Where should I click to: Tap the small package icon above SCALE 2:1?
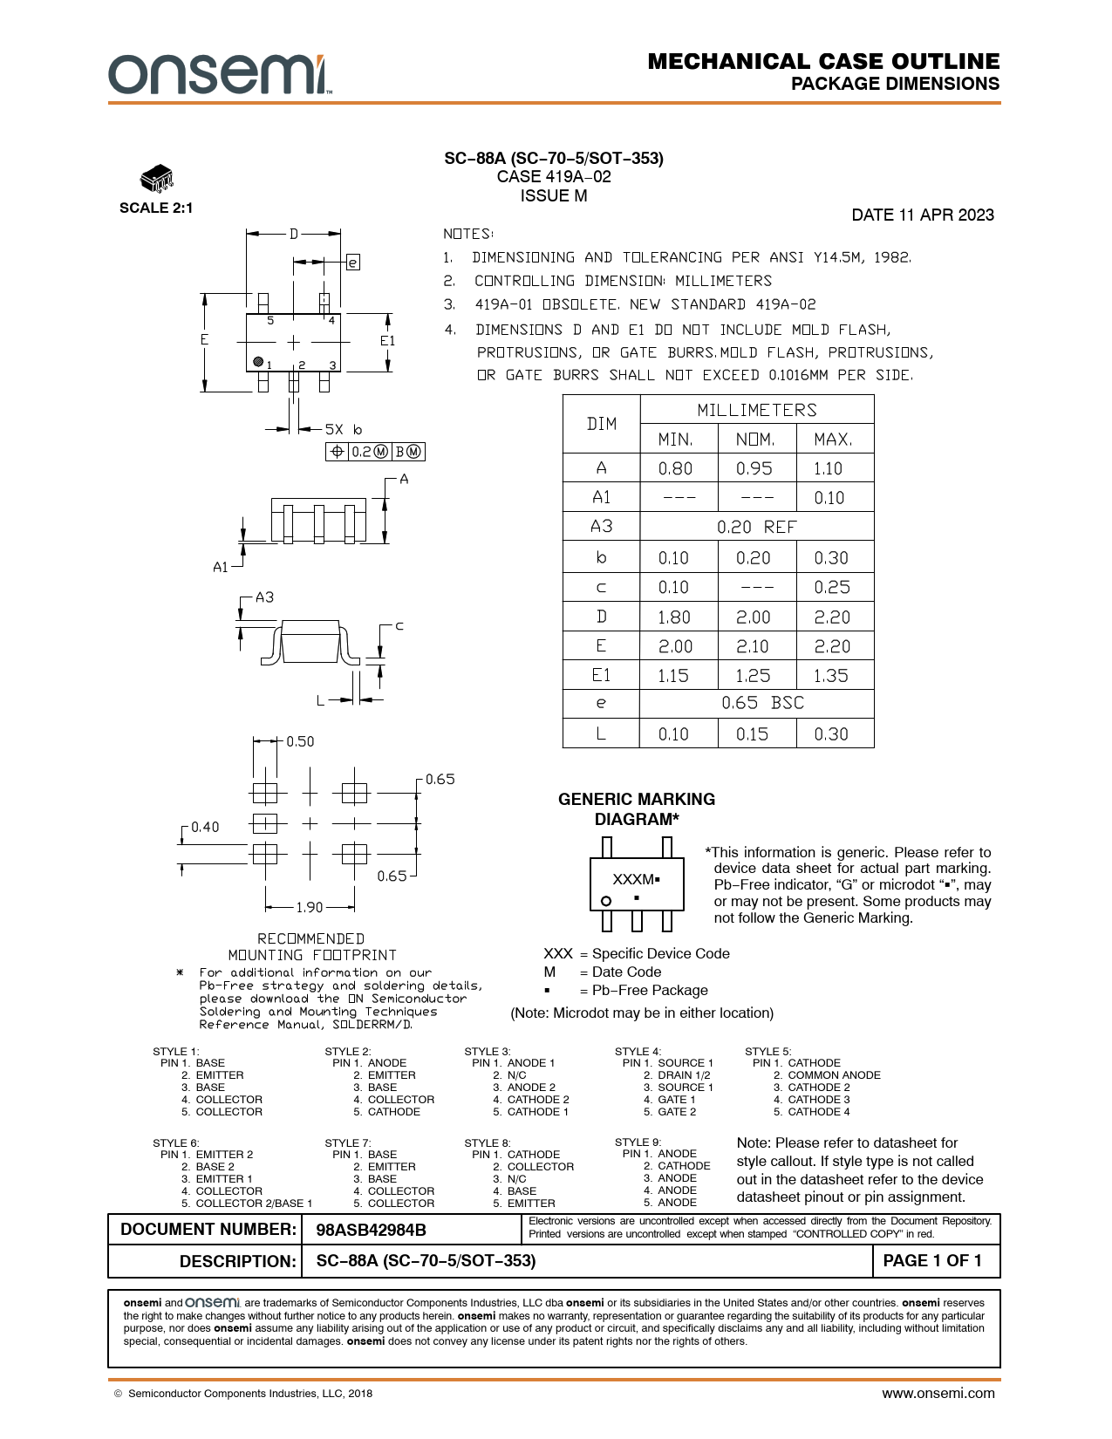point(156,179)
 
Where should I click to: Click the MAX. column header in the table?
point(832,439)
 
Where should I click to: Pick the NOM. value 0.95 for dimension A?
point(754,468)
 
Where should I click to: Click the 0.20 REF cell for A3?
point(756,527)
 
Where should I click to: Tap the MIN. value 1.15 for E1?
point(674,675)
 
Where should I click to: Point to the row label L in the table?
point(601,733)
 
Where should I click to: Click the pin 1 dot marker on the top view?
point(258,361)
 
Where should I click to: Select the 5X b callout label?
point(344,429)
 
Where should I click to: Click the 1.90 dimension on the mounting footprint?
point(309,907)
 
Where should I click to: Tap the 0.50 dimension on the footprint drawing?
point(300,741)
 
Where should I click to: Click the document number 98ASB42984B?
point(371,1230)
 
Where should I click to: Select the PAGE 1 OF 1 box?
point(932,1261)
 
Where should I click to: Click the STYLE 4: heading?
point(638,1051)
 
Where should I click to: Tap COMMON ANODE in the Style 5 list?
point(834,1075)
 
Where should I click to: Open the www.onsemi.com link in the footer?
point(938,1393)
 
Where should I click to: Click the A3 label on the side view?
point(264,597)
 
